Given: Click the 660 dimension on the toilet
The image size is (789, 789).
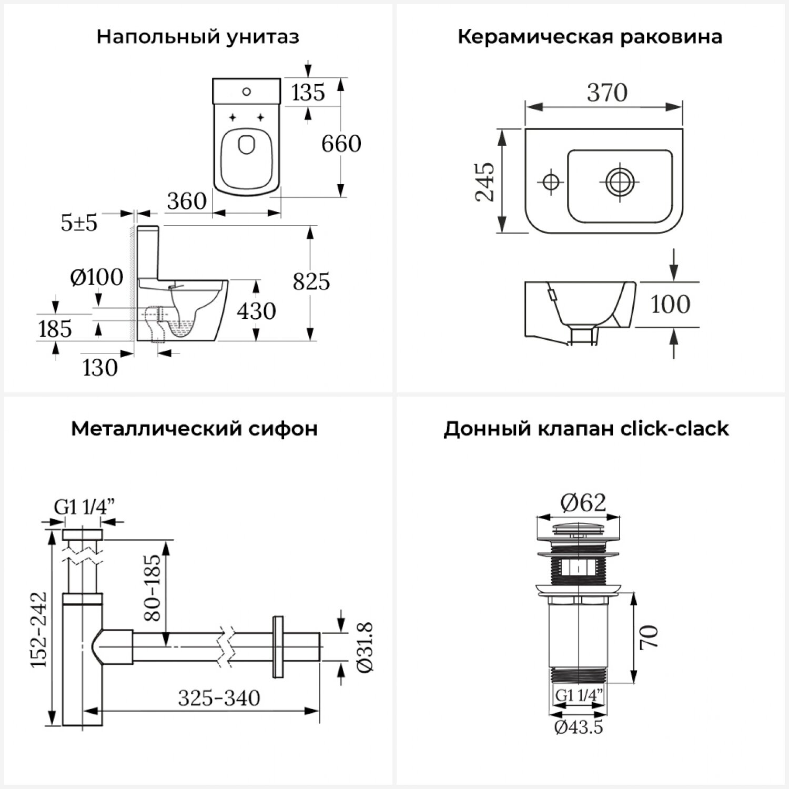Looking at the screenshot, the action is [x=341, y=144].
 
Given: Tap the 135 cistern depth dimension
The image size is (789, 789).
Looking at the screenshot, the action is [x=308, y=93].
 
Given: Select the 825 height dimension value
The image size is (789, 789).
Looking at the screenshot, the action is [x=311, y=281].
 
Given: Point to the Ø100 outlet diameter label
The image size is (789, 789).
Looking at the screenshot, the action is [x=97, y=277].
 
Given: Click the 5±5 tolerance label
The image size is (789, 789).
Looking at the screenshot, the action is [x=79, y=223].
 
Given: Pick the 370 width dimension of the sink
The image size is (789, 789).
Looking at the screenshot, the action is [x=607, y=93].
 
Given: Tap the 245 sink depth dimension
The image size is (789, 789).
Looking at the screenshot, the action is [x=485, y=181].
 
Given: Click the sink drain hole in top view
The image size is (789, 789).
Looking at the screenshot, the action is [x=619, y=181].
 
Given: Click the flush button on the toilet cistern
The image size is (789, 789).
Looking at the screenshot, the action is [x=247, y=93].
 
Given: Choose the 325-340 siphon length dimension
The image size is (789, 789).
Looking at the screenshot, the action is [x=219, y=698].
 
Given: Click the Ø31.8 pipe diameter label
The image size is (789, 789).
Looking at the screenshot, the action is [x=365, y=647].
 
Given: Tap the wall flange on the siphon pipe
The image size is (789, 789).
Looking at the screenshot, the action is [x=278, y=646].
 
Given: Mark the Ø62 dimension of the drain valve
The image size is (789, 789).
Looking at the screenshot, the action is [x=583, y=503].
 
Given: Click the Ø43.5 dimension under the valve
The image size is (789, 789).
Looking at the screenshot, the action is [x=578, y=727].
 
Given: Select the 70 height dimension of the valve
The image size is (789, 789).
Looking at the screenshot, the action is [x=649, y=637].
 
